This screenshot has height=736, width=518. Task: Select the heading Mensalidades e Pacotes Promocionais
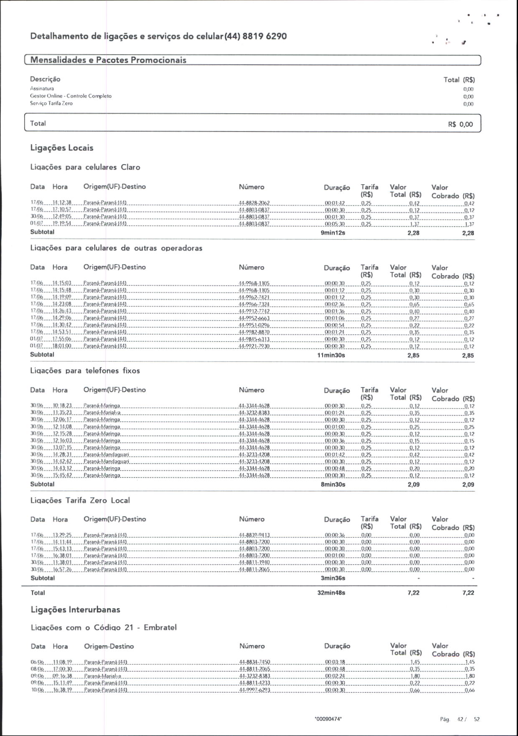[x=108, y=60]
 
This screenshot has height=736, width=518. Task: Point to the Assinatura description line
[x=42, y=89]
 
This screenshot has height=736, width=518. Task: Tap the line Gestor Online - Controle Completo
[x=71, y=96]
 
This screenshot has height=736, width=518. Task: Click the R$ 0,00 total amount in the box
[x=460, y=124]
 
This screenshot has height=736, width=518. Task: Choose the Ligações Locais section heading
[x=62, y=148]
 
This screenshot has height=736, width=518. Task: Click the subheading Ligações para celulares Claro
[x=85, y=167]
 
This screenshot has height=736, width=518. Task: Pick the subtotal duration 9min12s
[x=333, y=233]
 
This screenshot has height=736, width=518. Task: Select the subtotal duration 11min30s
[x=331, y=355]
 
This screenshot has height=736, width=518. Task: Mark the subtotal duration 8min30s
[x=333, y=485]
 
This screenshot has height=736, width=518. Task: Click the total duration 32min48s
[x=331, y=593]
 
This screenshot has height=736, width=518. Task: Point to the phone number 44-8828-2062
[x=254, y=203]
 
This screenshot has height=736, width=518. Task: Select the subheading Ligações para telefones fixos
[x=85, y=371]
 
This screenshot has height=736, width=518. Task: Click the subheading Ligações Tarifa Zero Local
[x=80, y=500]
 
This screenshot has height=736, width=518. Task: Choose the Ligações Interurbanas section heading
[x=76, y=610]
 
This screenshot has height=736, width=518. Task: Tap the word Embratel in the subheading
[x=160, y=627]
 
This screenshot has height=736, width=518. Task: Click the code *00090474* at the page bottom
[x=328, y=719]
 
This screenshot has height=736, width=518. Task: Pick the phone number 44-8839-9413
[x=254, y=535]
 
